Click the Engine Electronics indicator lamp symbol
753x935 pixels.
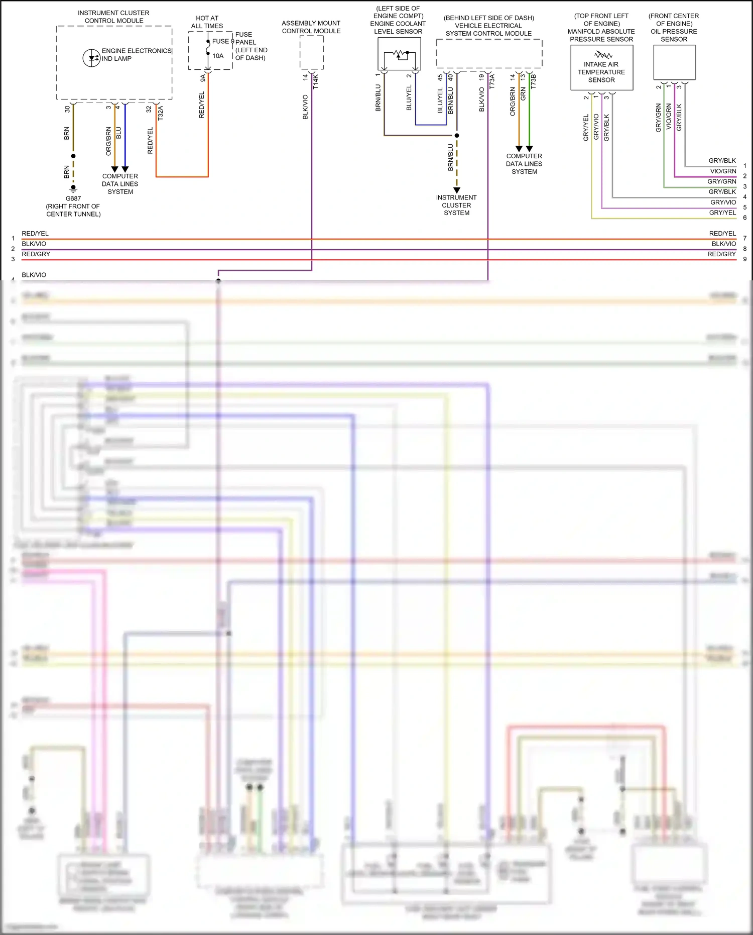(91, 58)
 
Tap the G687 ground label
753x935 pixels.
(73, 198)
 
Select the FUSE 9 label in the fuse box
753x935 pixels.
(223, 41)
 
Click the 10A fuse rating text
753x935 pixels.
(218, 56)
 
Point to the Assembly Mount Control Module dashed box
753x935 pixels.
(311, 53)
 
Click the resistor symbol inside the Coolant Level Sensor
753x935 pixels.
(400, 53)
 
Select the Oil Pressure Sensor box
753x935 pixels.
(674, 62)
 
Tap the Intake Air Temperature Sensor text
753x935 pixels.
(601, 72)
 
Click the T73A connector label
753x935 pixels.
(492, 81)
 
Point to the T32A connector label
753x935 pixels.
(161, 113)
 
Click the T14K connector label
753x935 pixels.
(316, 82)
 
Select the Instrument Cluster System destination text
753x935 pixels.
(456, 205)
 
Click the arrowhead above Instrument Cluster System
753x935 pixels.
(457, 190)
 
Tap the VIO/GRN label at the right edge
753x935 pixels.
(723, 171)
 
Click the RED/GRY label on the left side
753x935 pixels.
(36, 254)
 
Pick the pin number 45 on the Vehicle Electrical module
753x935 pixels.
(440, 78)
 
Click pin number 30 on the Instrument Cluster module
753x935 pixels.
(67, 109)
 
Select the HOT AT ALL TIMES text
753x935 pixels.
(207, 22)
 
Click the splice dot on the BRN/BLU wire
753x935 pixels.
(457, 135)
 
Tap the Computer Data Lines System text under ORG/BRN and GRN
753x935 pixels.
(524, 164)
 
